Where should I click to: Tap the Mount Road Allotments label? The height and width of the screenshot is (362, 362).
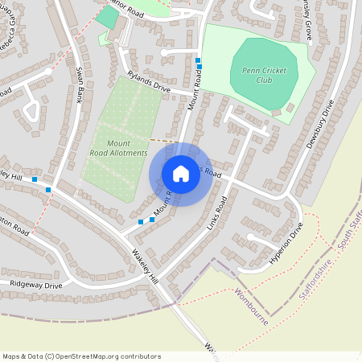(118, 148)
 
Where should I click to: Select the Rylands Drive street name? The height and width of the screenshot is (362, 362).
(148, 82)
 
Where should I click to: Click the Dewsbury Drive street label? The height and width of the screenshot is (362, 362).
(319, 125)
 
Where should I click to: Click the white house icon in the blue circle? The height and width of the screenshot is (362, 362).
(181, 174)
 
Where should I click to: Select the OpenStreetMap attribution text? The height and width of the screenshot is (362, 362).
(80, 356)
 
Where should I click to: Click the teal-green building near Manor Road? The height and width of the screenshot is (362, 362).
(105, 18)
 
